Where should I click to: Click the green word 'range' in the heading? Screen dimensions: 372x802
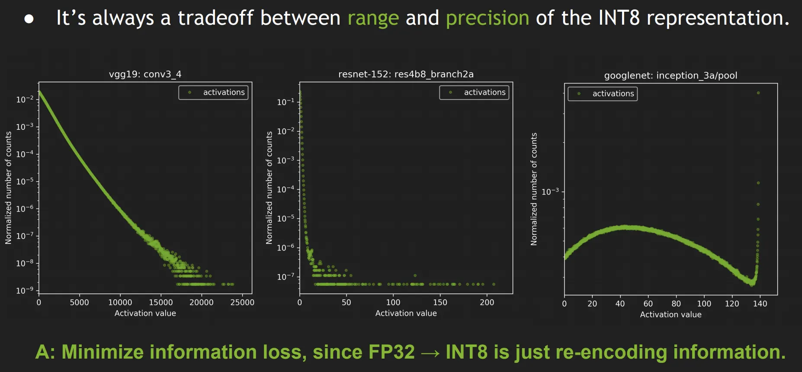click(x=373, y=18)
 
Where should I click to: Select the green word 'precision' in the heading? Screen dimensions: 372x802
click(x=488, y=18)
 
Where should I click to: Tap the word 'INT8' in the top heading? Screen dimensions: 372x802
click(x=619, y=18)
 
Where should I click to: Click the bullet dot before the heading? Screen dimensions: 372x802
click(x=29, y=19)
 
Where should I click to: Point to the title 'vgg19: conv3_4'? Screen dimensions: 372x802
click(x=145, y=74)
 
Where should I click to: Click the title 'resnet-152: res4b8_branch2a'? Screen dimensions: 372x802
click(x=406, y=74)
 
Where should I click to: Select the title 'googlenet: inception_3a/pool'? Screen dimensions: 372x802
click(x=670, y=75)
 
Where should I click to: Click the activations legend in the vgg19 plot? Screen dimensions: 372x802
click(x=213, y=92)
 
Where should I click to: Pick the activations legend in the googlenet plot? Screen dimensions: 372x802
click(x=603, y=93)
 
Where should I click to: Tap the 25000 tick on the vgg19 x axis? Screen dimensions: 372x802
click(x=242, y=302)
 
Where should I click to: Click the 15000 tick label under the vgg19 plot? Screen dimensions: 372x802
click(x=161, y=302)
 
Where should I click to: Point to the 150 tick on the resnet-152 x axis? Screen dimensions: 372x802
click(x=440, y=302)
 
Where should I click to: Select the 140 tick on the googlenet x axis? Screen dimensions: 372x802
click(x=760, y=304)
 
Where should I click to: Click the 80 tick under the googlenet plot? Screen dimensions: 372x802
click(x=676, y=304)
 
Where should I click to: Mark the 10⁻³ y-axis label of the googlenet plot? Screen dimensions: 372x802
click(x=550, y=191)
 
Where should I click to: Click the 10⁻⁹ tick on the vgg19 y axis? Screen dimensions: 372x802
click(x=25, y=290)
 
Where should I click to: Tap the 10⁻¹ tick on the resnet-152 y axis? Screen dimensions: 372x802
click(x=286, y=102)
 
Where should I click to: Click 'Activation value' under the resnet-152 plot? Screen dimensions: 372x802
click(x=406, y=313)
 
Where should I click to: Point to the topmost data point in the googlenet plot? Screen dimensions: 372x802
click(x=758, y=93)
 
